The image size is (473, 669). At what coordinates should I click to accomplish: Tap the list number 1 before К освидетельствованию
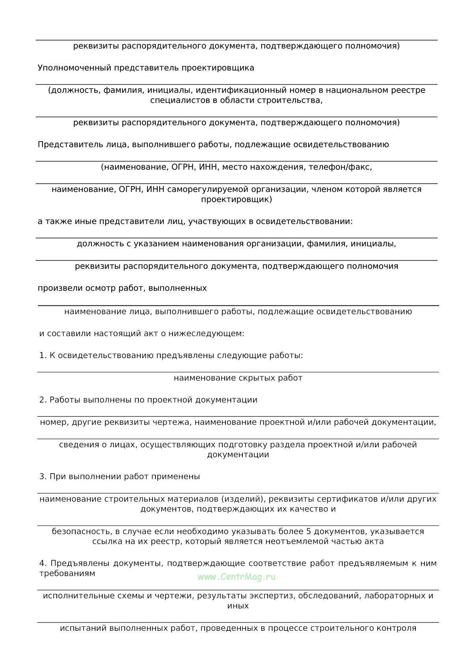pos(43,355)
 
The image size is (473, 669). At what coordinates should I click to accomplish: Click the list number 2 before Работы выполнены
pos(43,400)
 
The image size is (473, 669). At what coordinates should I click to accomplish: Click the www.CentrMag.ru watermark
pos(236,577)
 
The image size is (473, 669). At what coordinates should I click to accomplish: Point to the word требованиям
pos(67,573)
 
